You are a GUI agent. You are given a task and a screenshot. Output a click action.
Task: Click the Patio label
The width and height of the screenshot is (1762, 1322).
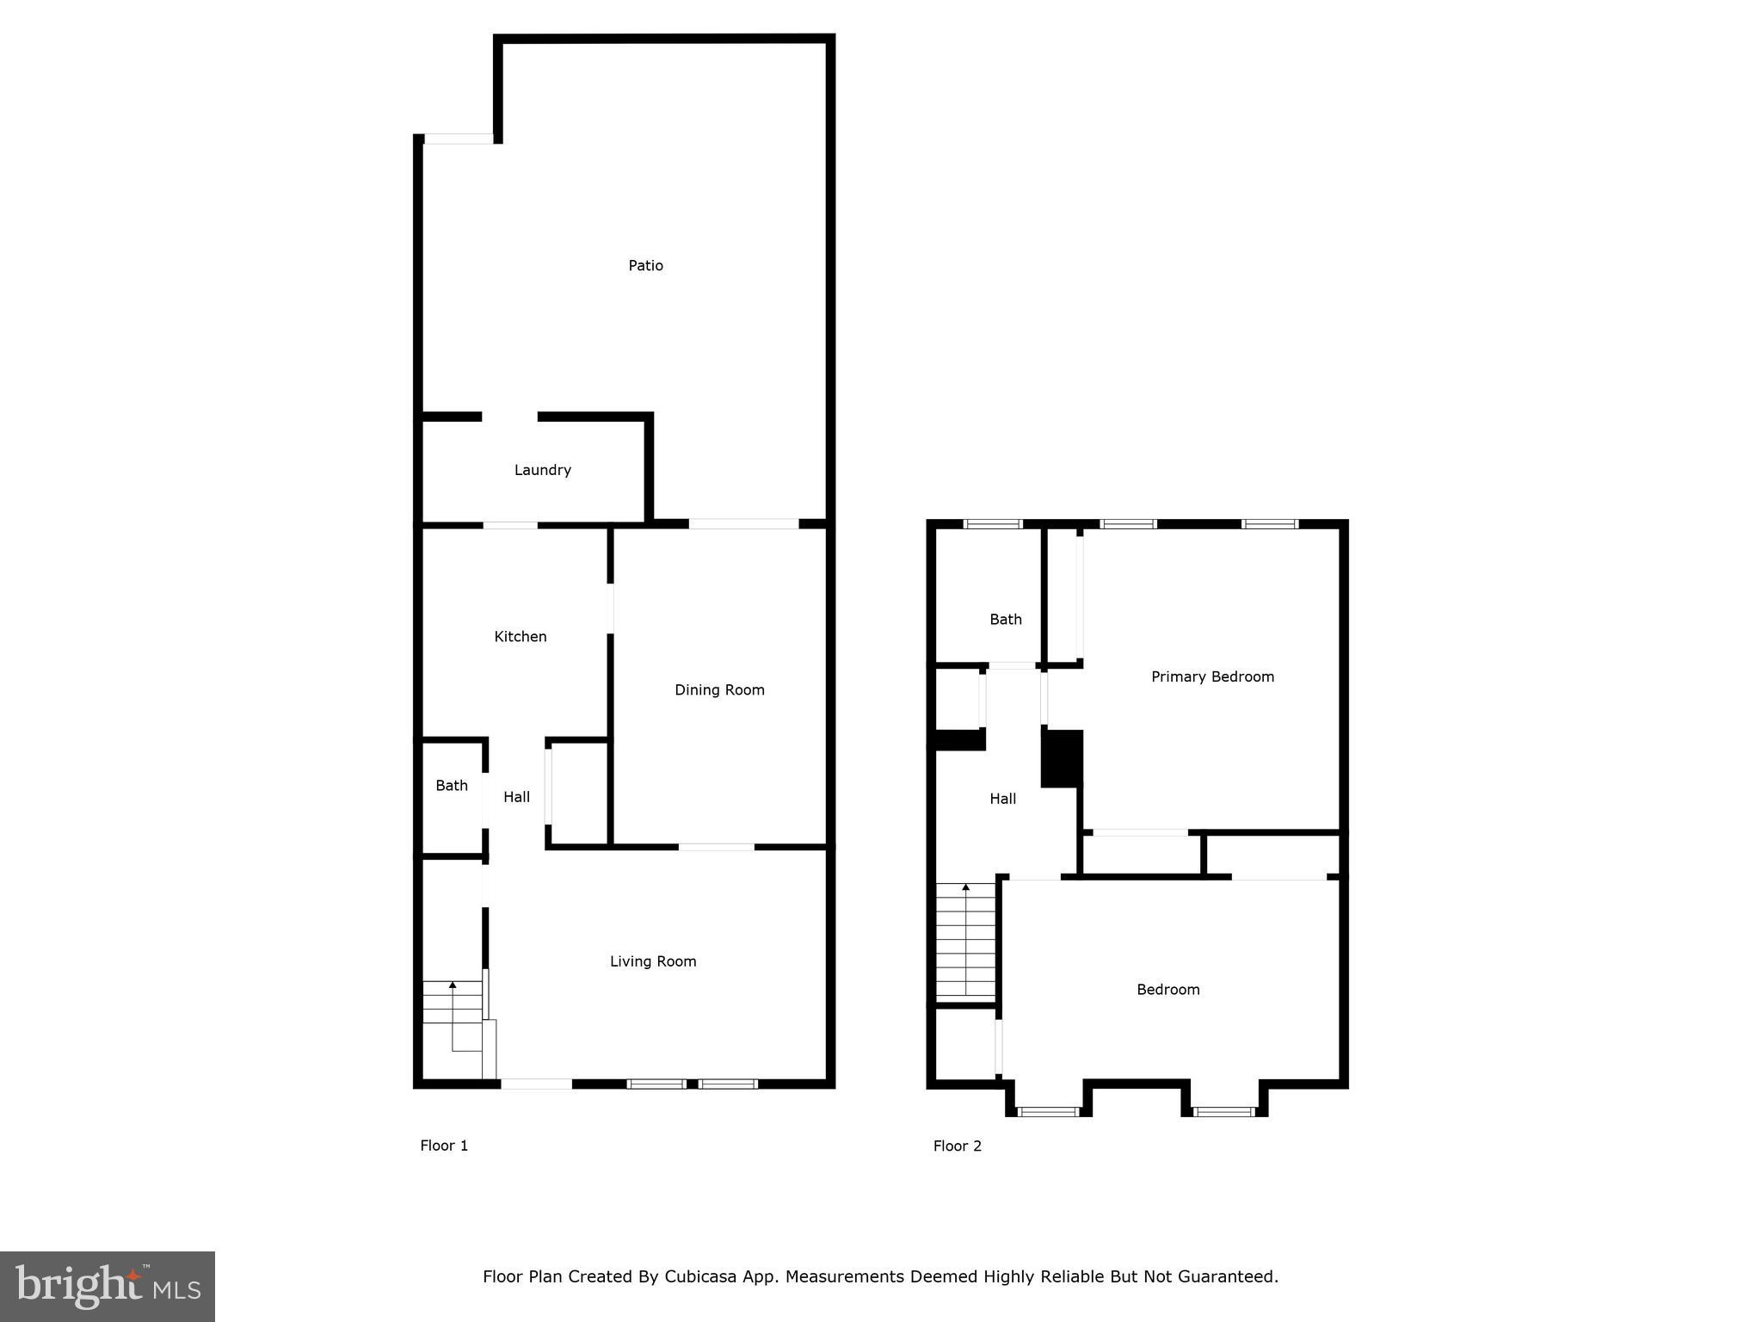pyautogui.click(x=645, y=266)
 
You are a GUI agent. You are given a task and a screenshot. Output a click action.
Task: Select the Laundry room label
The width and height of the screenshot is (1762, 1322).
pyautogui.click(x=542, y=470)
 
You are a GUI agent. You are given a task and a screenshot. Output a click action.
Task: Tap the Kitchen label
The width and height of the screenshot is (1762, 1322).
pyautogui.click(x=520, y=637)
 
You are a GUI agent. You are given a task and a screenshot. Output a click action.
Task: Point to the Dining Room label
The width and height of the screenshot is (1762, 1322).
pyautogui.click(x=719, y=690)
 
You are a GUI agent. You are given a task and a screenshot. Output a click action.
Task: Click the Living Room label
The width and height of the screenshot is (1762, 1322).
pyautogui.click(x=653, y=961)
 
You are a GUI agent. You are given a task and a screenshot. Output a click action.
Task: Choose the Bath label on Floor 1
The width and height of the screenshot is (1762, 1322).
pyautogui.click(x=452, y=786)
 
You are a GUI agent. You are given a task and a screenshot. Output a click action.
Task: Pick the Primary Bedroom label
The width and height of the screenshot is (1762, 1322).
pyautogui.click(x=1212, y=677)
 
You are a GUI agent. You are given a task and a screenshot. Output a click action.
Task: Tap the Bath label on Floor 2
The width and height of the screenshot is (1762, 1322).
pyautogui.click(x=1005, y=620)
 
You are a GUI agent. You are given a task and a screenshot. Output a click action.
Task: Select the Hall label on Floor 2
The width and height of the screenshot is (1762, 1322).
pyautogui.click(x=1002, y=800)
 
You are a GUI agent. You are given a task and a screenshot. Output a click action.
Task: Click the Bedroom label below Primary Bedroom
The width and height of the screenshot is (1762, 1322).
pyautogui.click(x=1167, y=990)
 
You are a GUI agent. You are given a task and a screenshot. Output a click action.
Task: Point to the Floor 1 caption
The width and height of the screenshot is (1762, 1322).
pyautogui.click(x=444, y=1146)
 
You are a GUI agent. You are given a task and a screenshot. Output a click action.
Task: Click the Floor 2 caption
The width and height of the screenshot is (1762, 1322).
pyautogui.click(x=957, y=1146)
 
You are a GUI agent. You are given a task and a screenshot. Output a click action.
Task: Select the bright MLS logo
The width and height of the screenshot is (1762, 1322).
pyautogui.click(x=108, y=1287)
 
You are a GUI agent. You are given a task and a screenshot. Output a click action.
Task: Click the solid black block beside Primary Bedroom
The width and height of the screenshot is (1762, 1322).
pyautogui.click(x=1062, y=758)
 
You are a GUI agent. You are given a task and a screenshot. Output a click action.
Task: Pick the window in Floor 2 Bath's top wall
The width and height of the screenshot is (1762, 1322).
pyautogui.click(x=992, y=524)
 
